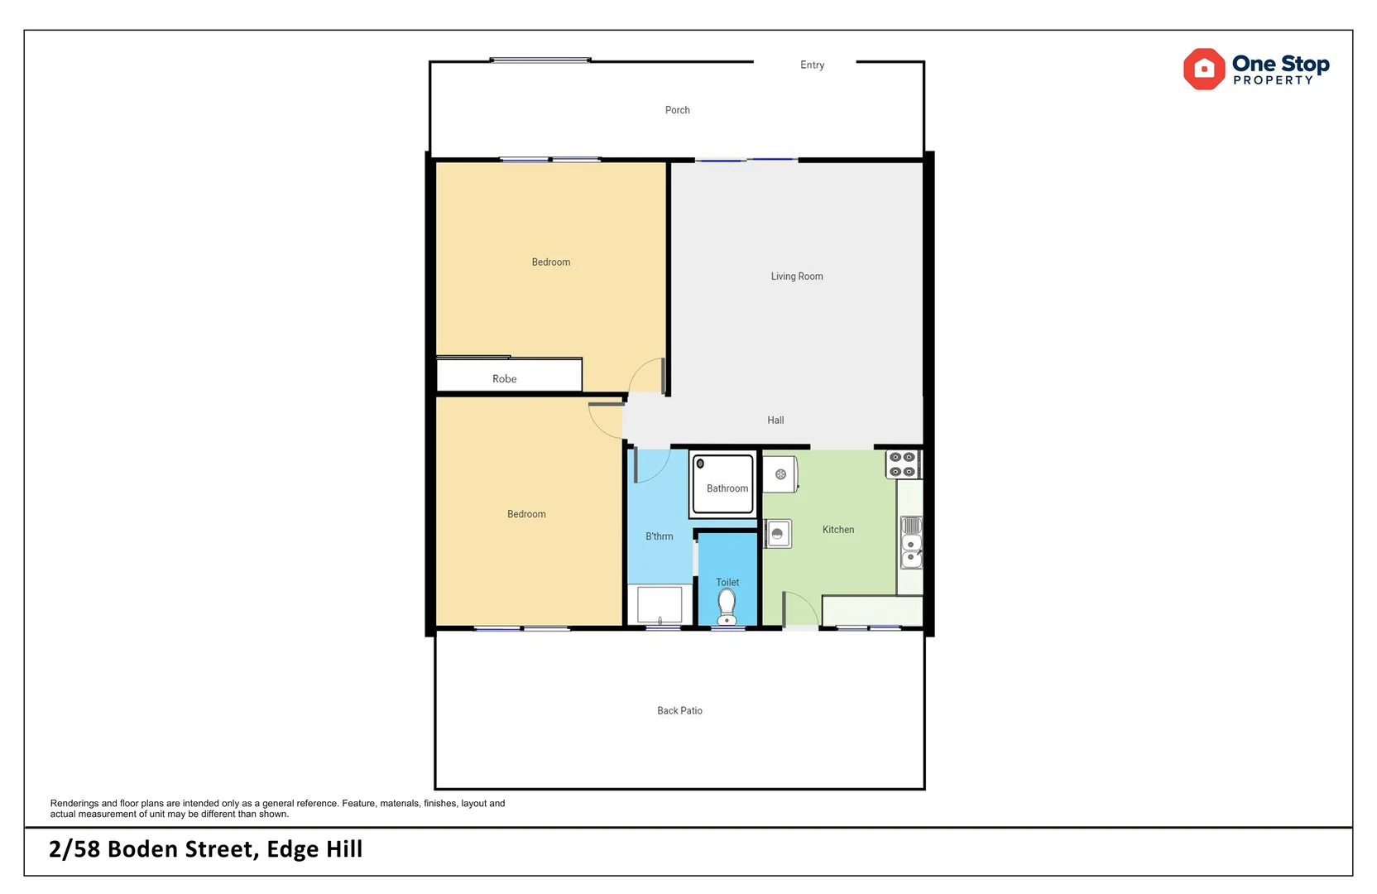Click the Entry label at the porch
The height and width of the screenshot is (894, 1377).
(x=812, y=65)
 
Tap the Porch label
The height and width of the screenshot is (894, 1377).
(x=677, y=110)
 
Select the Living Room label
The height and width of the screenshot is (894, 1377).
(x=796, y=276)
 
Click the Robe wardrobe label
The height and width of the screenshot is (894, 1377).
(x=504, y=379)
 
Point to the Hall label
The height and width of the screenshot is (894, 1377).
(x=775, y=421)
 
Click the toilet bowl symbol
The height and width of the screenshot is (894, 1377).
(x=727, y=605)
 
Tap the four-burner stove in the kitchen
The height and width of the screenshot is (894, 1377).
(x=902, y=464)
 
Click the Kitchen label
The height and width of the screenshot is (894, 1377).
(x=837, y=530)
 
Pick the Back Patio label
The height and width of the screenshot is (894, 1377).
(x=679, y=711)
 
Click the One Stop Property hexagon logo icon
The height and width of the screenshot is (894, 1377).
(x=1203, y=70)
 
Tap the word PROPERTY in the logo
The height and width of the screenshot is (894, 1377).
(x=1272, y=81)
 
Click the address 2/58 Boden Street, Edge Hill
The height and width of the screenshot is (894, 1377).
(x=205, y=849)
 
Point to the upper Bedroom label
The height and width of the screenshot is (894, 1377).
(x=550, y=262)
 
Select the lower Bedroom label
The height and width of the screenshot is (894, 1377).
(x=526, y=514)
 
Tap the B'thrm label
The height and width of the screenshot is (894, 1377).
(x=659, y=536)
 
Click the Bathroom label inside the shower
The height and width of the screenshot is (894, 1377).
(x=727, y=488)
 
